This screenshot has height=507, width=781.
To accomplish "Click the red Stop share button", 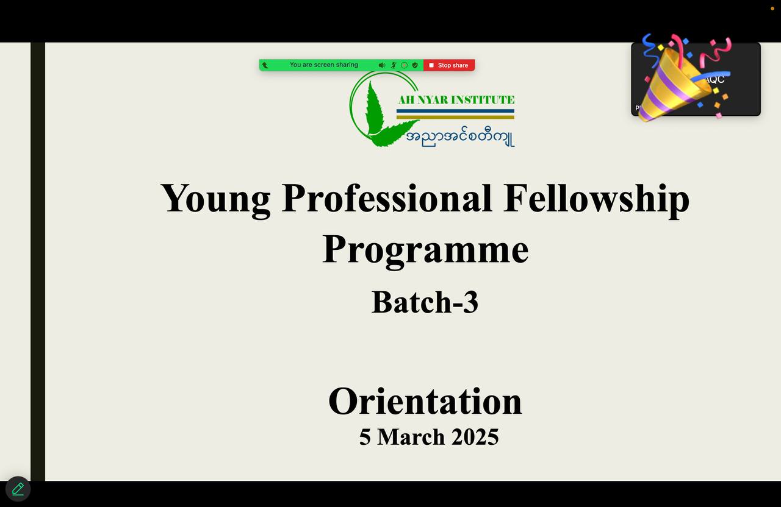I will click(x=449, y=65).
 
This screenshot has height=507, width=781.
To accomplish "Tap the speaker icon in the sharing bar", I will click(x=381, y=65).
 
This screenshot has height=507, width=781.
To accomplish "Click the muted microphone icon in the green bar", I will click(x=394, y=65).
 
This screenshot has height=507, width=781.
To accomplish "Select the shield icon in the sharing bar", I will click(x=415, y=65).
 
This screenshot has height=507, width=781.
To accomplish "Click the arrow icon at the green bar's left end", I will click(x=265, y=65).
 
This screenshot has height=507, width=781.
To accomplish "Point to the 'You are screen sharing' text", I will click(x=323, y=65).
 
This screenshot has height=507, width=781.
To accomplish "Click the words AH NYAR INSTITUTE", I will click(x=456, y=100).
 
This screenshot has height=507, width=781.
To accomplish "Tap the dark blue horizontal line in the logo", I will click(x=455, y=111).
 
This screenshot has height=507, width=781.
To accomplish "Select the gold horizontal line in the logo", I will click(x=455, y=117).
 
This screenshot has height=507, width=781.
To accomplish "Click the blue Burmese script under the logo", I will click(x=459, y=137).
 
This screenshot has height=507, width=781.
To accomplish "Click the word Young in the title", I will click(x=215, y=199).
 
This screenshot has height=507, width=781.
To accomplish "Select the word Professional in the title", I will click(x=387, y=199).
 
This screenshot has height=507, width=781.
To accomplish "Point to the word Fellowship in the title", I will click(x=596, y=199).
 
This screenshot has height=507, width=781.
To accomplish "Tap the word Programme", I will click(x=425, y=249).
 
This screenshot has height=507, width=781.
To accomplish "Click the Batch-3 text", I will click(x=425, y=302).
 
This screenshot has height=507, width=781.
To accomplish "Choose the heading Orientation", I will click(x=425, y=402).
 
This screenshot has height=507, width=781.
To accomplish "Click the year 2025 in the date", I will click(x=475, y=437).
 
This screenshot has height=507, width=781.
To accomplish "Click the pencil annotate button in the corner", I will click(x=18, y=489).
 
